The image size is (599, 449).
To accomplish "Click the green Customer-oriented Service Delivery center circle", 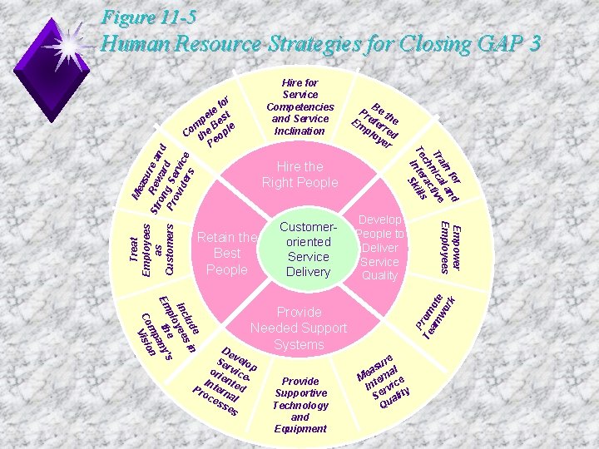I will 308,249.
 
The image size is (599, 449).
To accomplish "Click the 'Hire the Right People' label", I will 299,175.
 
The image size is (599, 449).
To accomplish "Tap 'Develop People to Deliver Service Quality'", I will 379,248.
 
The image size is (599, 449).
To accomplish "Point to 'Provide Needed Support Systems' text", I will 299,328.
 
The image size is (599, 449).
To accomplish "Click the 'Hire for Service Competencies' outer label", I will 299,107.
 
